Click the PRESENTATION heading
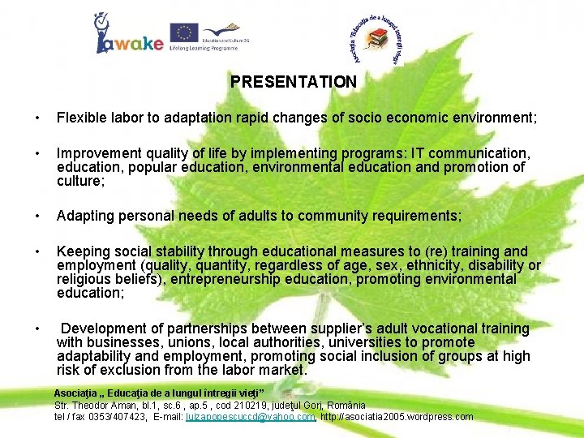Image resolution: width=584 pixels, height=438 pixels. point(293,82)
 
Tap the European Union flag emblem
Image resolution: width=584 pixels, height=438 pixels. point(184,32)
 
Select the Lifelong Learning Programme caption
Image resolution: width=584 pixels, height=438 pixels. point(204,49)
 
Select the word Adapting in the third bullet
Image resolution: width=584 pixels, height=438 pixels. point(84,215)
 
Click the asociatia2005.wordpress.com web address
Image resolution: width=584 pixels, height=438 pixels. point(397,417)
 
